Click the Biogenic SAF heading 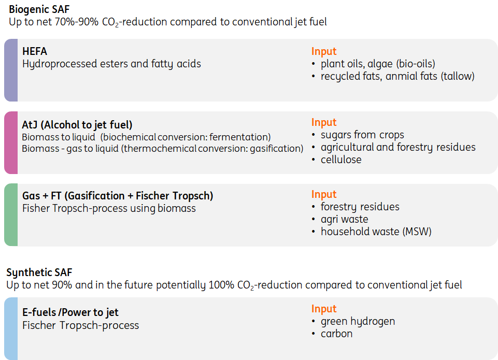39,9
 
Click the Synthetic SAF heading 39,272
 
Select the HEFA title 35,51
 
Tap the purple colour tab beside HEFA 11,70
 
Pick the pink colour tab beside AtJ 11,142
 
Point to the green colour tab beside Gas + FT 11,214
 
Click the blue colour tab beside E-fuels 11,328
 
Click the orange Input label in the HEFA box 324,51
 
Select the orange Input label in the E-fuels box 324,309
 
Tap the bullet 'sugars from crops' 362,135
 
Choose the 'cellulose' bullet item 341,160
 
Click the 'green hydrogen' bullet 358,321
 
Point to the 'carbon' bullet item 336,334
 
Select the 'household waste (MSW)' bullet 376,232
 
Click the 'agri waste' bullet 344,219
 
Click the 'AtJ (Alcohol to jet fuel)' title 77,125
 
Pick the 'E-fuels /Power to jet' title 70,313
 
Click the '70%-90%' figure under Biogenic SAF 77,22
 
